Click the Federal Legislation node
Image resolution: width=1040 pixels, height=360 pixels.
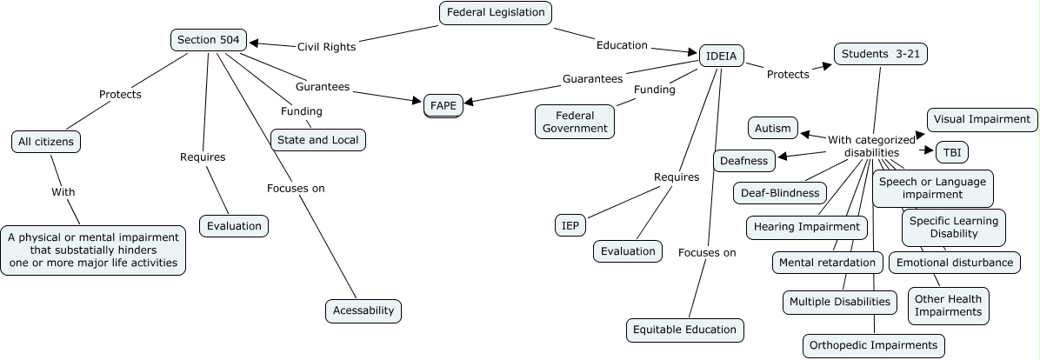click(x=496, y=12)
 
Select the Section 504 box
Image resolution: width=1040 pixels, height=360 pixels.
click(x=208, y=39)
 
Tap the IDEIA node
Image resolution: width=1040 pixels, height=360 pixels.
click(x=721, y=56)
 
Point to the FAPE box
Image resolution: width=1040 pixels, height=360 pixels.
click(x=443, y=106)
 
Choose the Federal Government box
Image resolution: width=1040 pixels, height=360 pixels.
click(x=574, y=122)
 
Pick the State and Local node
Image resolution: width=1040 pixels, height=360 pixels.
click(x=317, y=139)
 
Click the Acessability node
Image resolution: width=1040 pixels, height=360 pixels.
click(x=363, y=310)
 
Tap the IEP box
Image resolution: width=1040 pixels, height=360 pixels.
click(x=570, y=225)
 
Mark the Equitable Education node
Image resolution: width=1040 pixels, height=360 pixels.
click(x=685, y=330)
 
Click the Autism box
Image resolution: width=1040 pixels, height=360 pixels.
click(x=772, y=128)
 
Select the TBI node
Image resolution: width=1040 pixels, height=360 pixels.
click(x=950, y=152)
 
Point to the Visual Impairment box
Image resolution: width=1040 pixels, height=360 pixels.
click(x=982, y=119)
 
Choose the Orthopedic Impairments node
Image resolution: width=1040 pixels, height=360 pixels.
click(x=873, y=345)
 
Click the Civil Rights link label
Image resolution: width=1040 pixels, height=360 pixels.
click(x=326, y=47)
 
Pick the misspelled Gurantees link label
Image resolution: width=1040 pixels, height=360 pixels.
click(x=323, y=87)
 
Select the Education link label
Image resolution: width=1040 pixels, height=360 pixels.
click(x=622, y=45)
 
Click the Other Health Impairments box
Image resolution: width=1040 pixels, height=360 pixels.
click(x=948, y=305)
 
